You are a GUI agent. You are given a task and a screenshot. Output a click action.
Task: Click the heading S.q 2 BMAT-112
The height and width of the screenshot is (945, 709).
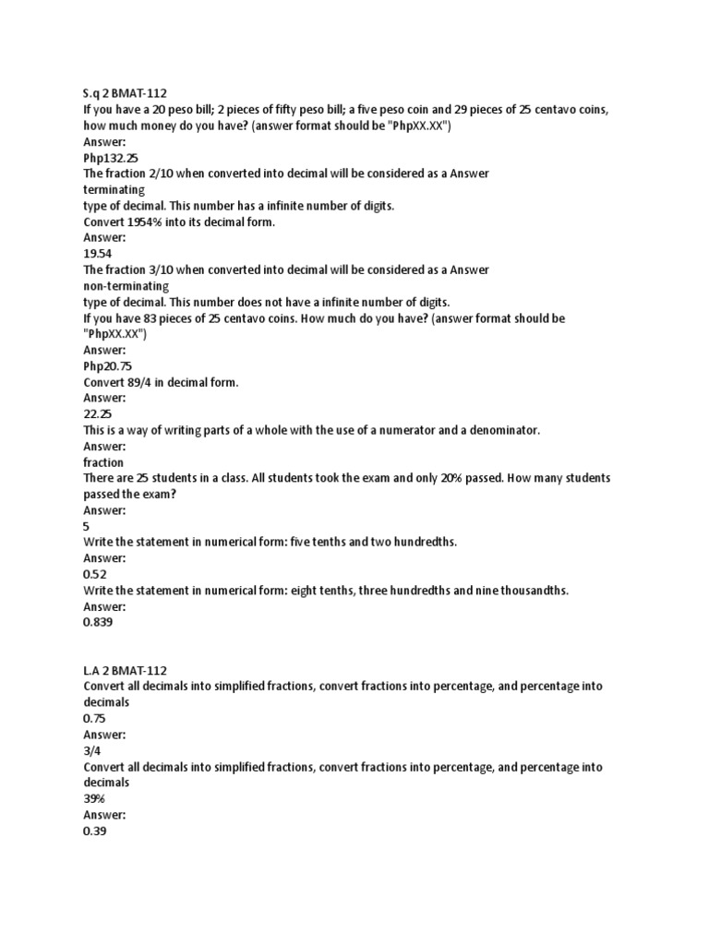(x=125, y=93)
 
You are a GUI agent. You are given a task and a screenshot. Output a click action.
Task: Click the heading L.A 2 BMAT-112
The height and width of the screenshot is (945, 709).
(x=125, y=670)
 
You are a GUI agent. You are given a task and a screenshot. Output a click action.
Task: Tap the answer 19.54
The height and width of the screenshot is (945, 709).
(x=97, y=254)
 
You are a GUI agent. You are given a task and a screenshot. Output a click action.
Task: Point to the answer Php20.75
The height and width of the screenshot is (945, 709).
(x=107, y=366)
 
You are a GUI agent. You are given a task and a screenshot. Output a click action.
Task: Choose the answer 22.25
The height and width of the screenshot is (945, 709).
(x=97, y=414)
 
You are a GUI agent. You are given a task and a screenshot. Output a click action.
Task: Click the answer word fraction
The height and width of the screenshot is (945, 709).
(x=103, y=462)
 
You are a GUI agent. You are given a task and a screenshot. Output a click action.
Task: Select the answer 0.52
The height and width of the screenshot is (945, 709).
(x=95, y=574)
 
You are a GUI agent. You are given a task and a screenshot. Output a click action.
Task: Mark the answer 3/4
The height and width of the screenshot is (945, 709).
(x=91, y=750)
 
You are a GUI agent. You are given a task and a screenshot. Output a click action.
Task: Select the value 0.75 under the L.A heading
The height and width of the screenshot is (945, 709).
(x=95, y=719)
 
